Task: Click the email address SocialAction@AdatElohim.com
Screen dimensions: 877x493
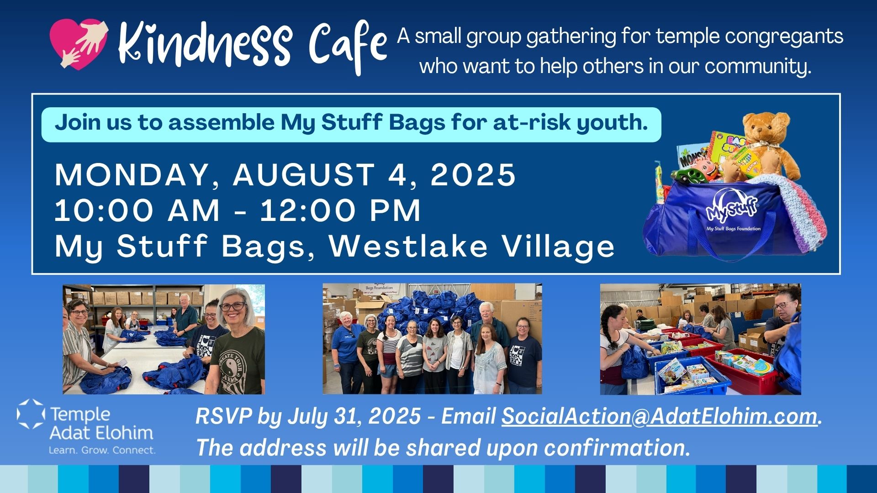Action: (x=659, y=416)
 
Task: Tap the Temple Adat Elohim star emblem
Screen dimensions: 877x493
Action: (x=31, y=414)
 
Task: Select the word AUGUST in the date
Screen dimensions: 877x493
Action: (x=304, y=175)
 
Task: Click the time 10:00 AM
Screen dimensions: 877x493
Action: (x=137, y=210)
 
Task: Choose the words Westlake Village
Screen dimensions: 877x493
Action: (x=472, y=246)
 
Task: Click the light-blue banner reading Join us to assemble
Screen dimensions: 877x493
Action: (x=351, y=125)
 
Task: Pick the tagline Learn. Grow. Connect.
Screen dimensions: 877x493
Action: (x=102, y=450)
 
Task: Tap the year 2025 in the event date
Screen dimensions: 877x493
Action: (x=473, y=175)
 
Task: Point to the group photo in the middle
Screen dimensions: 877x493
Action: (x=432, y=339)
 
